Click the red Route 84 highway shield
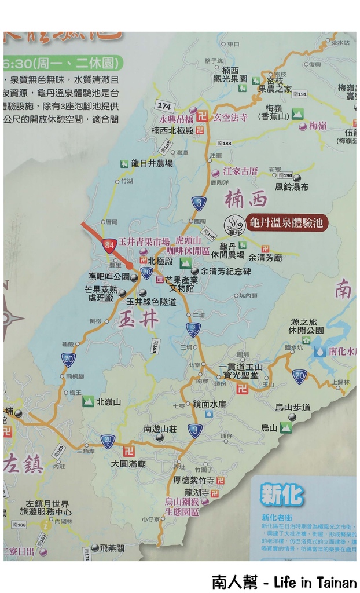click(x=109, y=246)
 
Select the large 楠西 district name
click(x=246, y=199)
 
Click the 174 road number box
click(x=164, y=106)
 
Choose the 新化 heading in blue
click(x=282, y=495)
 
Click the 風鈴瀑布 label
click(x=292, y=186)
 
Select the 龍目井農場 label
click(x=152, y=163)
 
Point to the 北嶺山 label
click(x=109, y=401)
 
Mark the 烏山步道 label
click(x=293, y=407)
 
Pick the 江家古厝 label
click(x=240, y=171)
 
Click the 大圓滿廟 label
click(x=128, y=464)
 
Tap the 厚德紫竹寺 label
click(x=194, y=480)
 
